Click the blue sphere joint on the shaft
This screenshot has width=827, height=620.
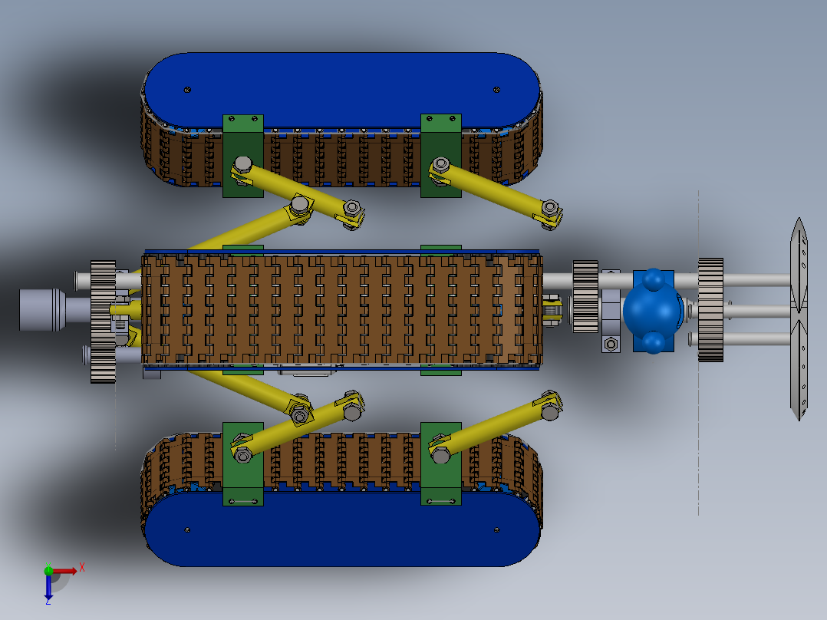pyautogui.click(x=653, y=311)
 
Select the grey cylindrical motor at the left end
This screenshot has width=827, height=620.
pyautogui.click(x=42, y=310)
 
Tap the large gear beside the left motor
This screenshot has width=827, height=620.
pyautogui.click(x=103, y=322)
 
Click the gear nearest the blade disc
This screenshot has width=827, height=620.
pyautogui.click(x=710, y=310)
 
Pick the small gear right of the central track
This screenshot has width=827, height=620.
pyautogui.click(x=585, y=296)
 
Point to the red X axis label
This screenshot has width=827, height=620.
pyautogui.click(x=82, y=568)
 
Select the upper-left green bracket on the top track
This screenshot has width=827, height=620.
pyautogui.click(x=243, y=157)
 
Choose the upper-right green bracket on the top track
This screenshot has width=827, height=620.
pyautogui.click(x=441, y=156)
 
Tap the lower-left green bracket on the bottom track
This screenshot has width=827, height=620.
pyautogui.click(x=243, y=463)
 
